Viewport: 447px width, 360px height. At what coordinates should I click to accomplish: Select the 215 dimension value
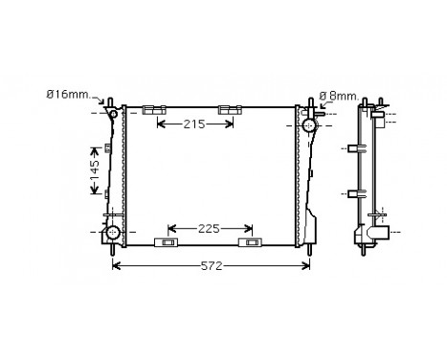click(x=195, y=124)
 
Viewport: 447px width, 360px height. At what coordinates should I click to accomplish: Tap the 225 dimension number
click(x=211, y=228)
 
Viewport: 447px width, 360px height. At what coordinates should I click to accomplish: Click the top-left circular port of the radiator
click(x=115, y=116)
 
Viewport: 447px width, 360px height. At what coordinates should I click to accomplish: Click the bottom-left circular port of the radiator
click(x=113, y=233)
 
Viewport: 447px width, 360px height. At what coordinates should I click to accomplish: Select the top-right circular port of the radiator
click(x=311, y=124)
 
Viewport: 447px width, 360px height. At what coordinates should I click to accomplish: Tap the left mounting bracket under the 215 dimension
click(x=154, y=110)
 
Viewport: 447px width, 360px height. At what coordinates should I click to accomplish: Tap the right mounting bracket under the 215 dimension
click(x=229, y=110)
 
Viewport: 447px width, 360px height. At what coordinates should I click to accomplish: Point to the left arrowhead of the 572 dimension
click(x=117, y=265)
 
